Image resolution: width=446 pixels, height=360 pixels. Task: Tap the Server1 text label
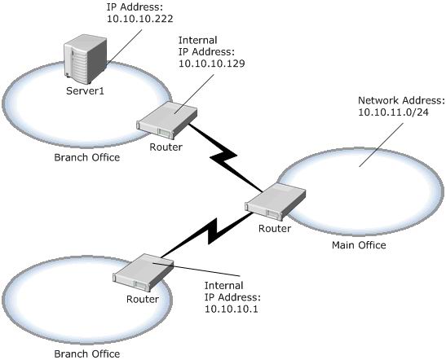pyautogui.click(x=85, y=91)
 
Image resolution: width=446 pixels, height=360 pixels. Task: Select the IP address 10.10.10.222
pyautogui.click(x=140, y=19)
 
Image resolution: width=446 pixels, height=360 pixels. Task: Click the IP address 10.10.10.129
pyautogui.click(x=212, y=64)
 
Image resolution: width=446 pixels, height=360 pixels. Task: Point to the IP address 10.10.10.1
pyautogui.click(x=232, y=309)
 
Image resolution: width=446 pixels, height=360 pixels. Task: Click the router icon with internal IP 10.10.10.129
pyautogui.click(x=167, y=119)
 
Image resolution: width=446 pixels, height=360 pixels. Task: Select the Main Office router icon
pyautogui.click(x=276, y=201)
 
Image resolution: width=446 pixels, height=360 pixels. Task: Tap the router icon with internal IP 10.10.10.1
pyautogui.click(x=143, y=272)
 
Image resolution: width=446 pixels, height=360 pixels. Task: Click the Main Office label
pyautogui.click(x=359, y=245)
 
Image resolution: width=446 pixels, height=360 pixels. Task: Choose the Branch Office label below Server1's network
pyautogui.click(x=87, y=157)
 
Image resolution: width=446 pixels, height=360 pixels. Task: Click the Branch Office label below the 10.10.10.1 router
pyautogui.click(x=87, y=353)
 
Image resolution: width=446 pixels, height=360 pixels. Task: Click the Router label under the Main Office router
pyautogui.click(x=275, y=228)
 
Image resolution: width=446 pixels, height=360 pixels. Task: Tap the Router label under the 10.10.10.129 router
pyautogui.click(x=166, y=147)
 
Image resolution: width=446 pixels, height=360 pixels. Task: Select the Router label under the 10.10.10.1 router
pyautogui.click(x=143, y=299)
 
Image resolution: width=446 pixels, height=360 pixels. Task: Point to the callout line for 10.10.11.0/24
pyautogui.click(x=381, y=145)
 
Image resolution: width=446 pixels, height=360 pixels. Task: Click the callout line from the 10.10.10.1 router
pyautogui.click(x=197, y=270)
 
